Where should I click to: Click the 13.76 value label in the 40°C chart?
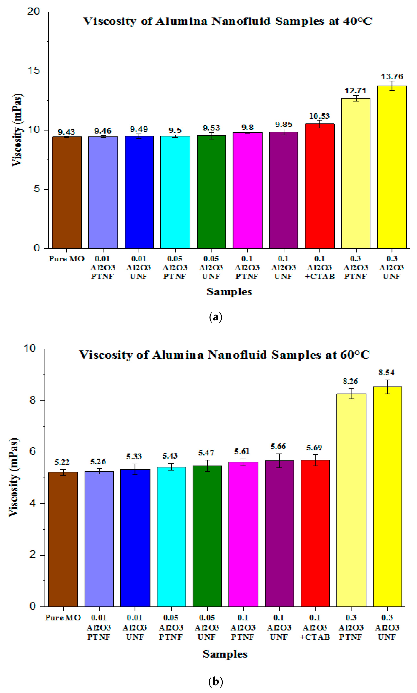[x=392, y=76]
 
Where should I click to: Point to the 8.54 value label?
[x=386, y=373]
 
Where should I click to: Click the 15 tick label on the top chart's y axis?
[x=34, y=71]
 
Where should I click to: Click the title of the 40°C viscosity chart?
[x=228, y=21]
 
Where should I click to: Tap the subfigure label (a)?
[x=216, y=317]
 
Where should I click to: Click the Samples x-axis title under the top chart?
[x=229, y=292]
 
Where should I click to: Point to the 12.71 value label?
[x=356, y=91]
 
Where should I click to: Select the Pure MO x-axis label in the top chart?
[x=66, y=259]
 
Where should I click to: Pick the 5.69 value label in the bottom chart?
[x=314, y=448]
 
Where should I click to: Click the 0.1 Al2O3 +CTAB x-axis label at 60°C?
[x=315, y=627]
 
